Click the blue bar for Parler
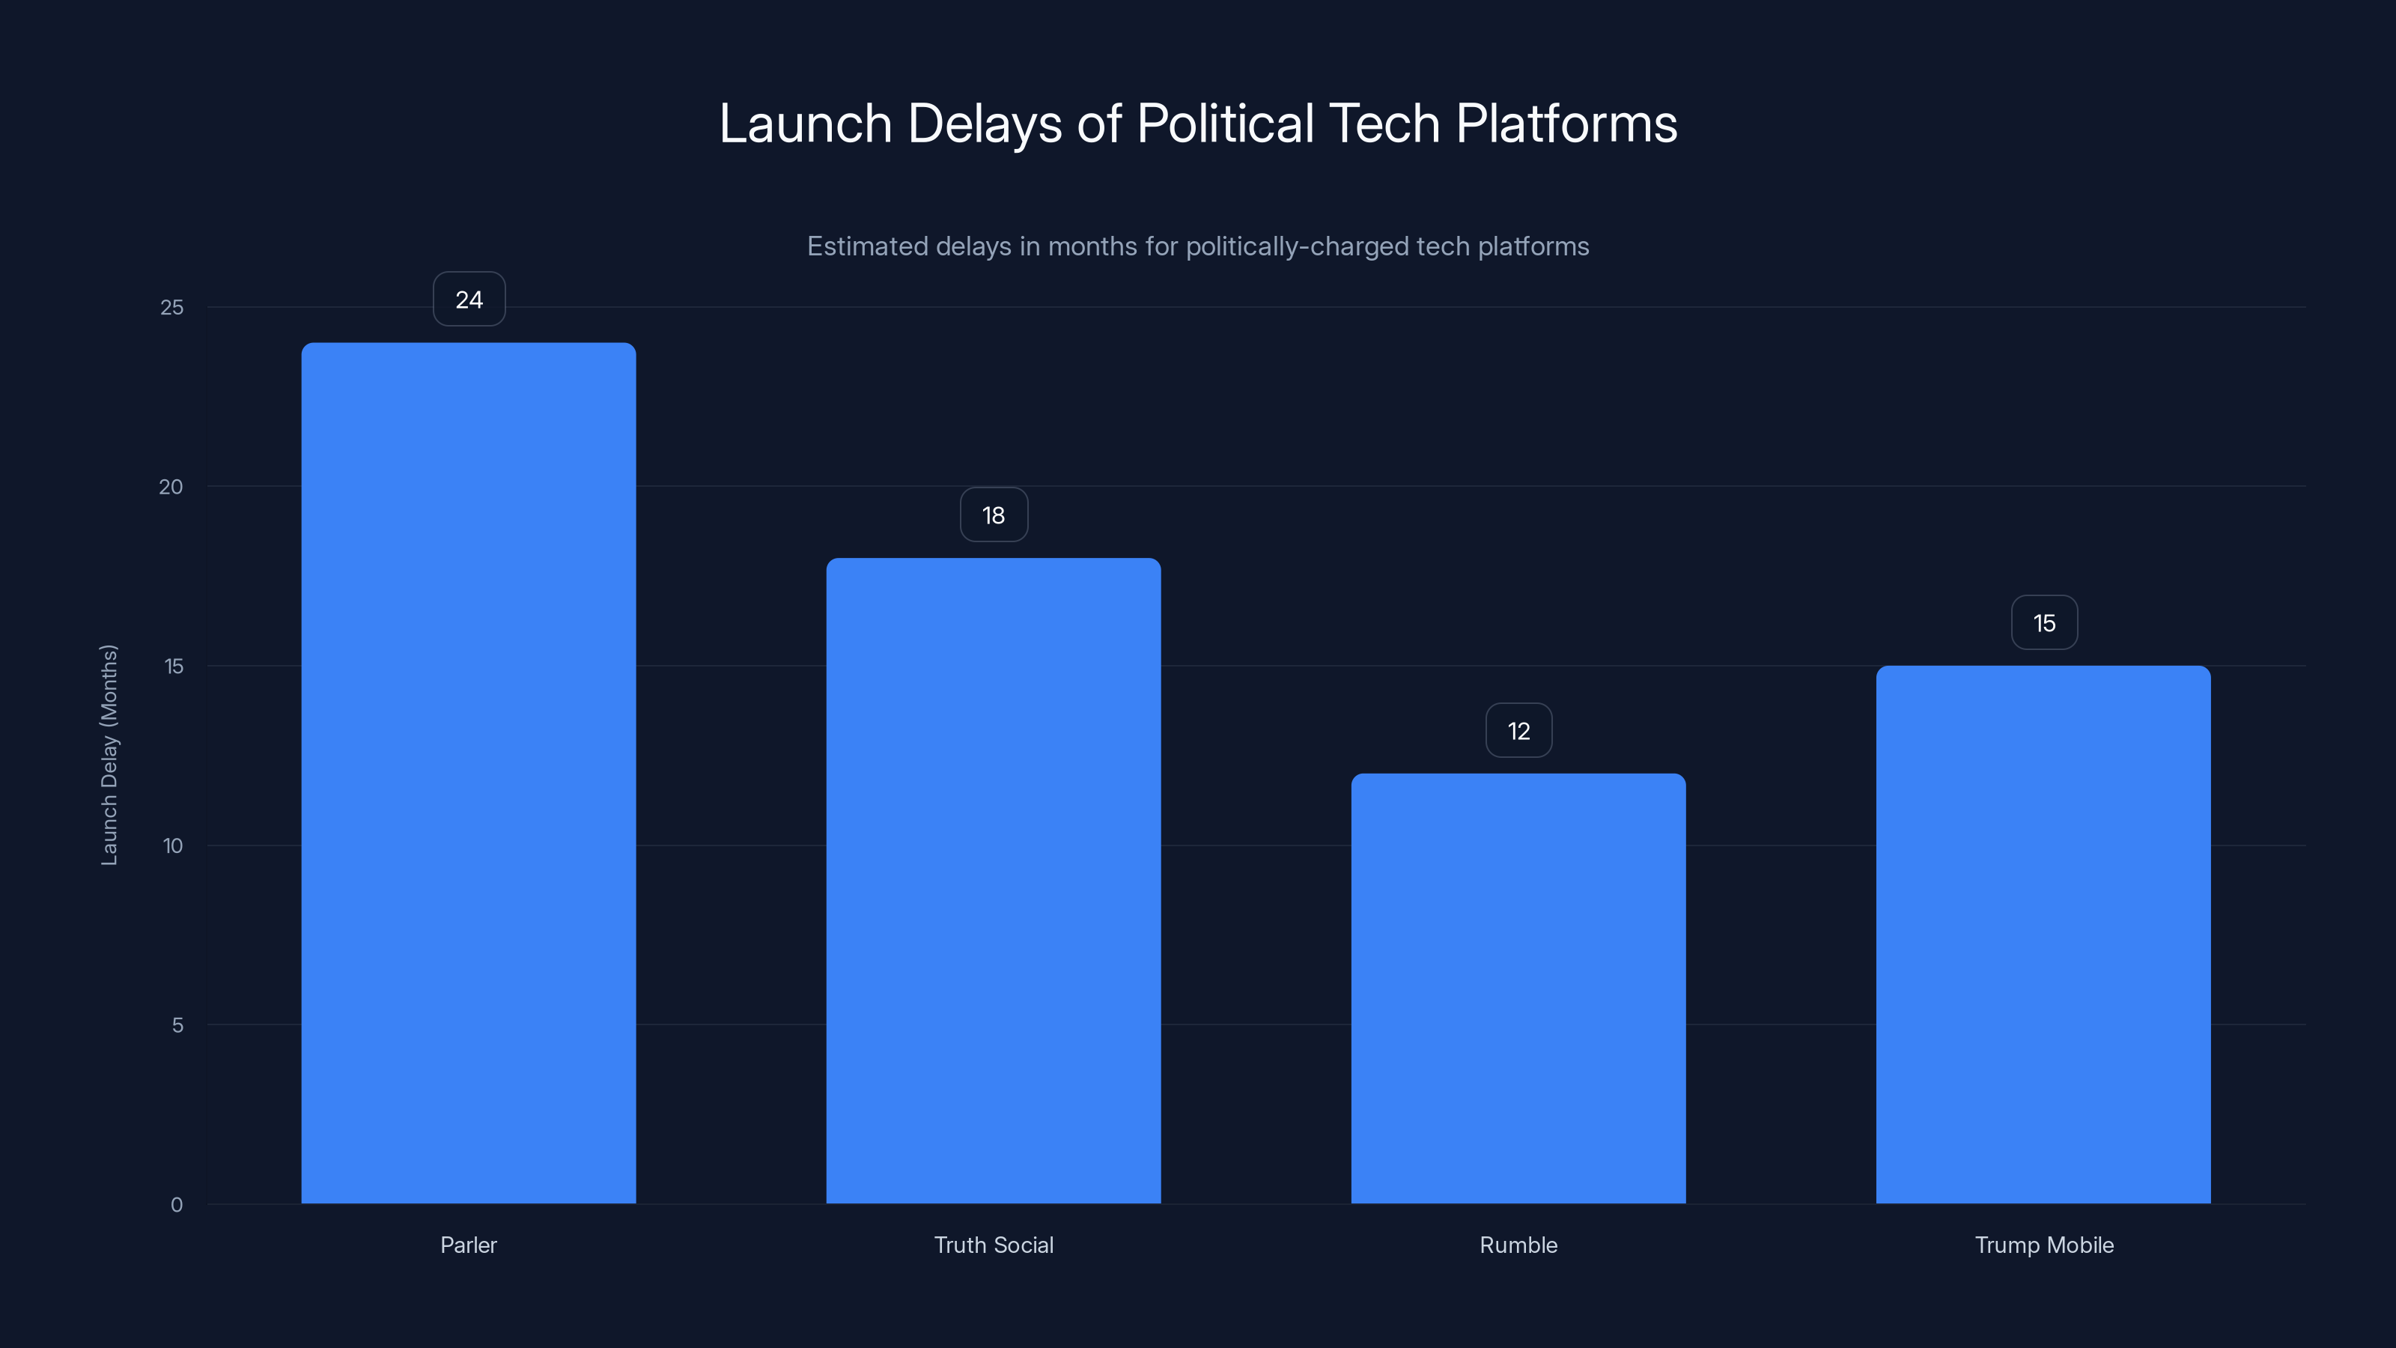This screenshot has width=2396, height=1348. pyautogui.click(x=468, y=772)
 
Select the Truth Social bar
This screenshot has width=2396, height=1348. pyautogui.click(x=994, y=880)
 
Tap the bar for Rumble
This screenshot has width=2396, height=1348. pyautogui.click(x=1518, y=988)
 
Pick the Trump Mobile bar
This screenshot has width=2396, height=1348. pyautogui.click(x=2043, y=934)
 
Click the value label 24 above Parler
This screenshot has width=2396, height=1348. pyautogui.click(x=469, y=300)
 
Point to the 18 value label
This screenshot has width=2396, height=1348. pyautogui.click(x=994, y=515)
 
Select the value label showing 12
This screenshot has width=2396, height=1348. pyautogui.click(x=1518, y=731)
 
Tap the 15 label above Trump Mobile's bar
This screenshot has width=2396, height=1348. pyautogui.click(x=2043, y=623)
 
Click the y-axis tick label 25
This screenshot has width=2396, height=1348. pyautogui.click(x=172, y=308)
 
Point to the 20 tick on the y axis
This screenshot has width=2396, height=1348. pyautogui.click(x=171, y=488)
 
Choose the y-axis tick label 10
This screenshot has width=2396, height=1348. pyautogui.click(x=173, y=846)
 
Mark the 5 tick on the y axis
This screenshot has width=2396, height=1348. pyautogui.click(x=177, y=1026)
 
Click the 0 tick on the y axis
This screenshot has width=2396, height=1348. pyautogui.click(x=177, y=1206)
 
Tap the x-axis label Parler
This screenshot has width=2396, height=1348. pyautogui.click(x=468, y=1245)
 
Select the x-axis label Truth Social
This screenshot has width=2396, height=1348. pyautogui.click(x=994, y=1245)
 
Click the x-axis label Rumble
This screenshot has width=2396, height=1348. pyautogui.click(x=1518, y=1245)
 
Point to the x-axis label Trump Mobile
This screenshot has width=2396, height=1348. pyautogui.click(x=2043, y=1245)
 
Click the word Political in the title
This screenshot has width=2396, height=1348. pyautogui.click(x=1225, y=124)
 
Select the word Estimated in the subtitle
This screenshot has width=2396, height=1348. pyautogui.click(x=867, y=246)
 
